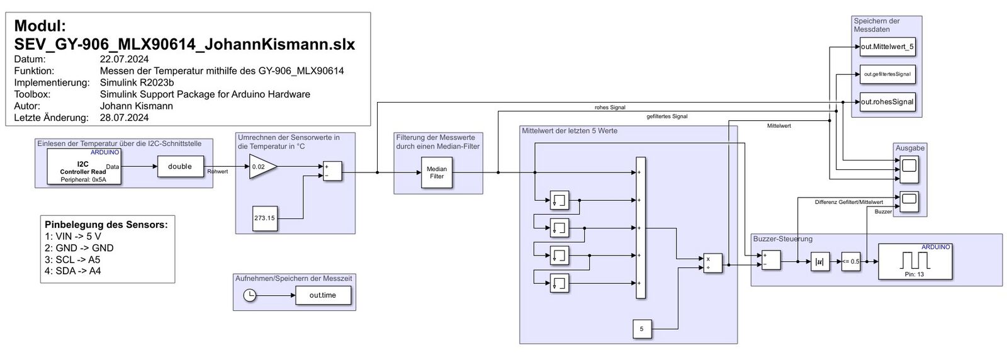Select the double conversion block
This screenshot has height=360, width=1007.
[180, 167]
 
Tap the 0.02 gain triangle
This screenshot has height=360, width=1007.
[261, 167]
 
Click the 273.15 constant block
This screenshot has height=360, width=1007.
[264, 218]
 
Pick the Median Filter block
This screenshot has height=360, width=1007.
[437, 172]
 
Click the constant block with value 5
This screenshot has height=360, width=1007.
[641, 329]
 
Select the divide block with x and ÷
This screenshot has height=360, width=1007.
[712, 263]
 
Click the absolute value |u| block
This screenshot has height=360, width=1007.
[820, 261]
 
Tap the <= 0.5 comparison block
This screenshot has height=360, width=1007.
[850, 261]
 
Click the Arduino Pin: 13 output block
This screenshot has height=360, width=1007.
[914, 261]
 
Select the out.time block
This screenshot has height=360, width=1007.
[323, 295]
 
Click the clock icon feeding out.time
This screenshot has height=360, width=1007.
[250, 295]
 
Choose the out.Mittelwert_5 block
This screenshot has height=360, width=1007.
[887, 47]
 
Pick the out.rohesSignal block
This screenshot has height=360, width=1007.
[887, 102]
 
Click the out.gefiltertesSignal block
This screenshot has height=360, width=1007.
[887, 74]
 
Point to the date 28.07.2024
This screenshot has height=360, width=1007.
[124, 118]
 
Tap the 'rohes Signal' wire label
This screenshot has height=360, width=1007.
[610, 108]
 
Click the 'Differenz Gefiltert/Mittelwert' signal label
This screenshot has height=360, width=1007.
[848, 202]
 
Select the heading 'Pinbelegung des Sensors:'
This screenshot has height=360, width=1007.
[106, 225]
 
